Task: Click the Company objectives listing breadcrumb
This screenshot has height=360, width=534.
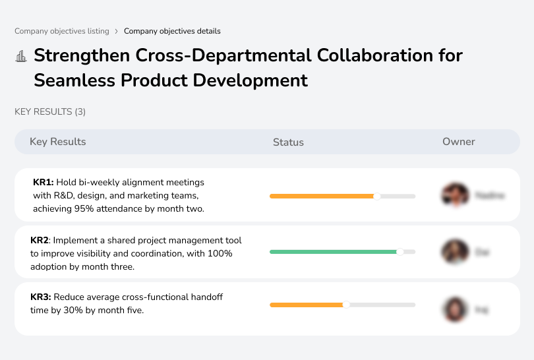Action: pyautogui.click(x=62, y=31)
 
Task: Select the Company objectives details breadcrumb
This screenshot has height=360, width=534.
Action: pyautogui.click(x=172, y=31)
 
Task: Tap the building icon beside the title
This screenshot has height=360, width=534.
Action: pyautogui.click(x=21, y=56)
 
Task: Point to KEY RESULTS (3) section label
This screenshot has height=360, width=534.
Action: pyautogui.click(x=50, y=112)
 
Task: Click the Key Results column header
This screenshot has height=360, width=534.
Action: pyautogui.click(x=58, y=142)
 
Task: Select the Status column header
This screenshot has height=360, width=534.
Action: pyautogui.click(x=288, y=142)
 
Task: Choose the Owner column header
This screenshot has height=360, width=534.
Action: pyautogui.click(x=459, y=142)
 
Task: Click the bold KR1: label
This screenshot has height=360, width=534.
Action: pyautogui.click(x=44, y=183)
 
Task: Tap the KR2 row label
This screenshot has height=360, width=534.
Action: pyautogui.click(x=40, y=241)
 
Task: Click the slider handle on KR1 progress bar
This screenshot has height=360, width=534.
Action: pyautogui.click(x=377, y=196)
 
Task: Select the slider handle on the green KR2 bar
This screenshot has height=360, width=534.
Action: pyautogui.click(x=400, y=252)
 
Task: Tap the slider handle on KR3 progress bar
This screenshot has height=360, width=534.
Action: pyautogui.click(x=346, y=305)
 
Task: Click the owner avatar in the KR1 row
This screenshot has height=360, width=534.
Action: pyautogui.click(x=454, y=195)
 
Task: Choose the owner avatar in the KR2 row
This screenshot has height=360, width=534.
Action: pyautogui.click(x=454, y=252)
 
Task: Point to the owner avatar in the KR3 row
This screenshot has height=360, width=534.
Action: pyautogui.click(x=454, y=309)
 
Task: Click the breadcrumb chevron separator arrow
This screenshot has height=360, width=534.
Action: pyautogui.click(x=117, y=31)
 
